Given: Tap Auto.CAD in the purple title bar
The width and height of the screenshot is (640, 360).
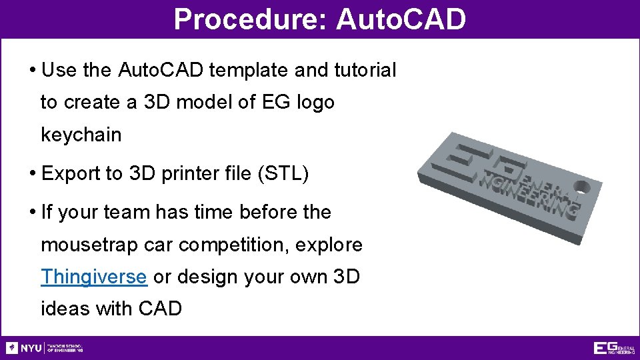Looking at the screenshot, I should (x=401, y=19).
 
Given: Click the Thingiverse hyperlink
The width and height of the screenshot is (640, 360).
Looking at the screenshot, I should (x=93, y=277).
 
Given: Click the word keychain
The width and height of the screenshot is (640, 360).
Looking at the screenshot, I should (x=81, y=135).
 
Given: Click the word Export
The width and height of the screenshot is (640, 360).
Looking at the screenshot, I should (x=71, y=174).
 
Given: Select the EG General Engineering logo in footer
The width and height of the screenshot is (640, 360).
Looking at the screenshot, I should (x=613, y=347).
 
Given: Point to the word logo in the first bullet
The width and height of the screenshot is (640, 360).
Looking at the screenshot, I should (x=313, y=103).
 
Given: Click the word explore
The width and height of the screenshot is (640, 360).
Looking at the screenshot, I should (x=331, y=245).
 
